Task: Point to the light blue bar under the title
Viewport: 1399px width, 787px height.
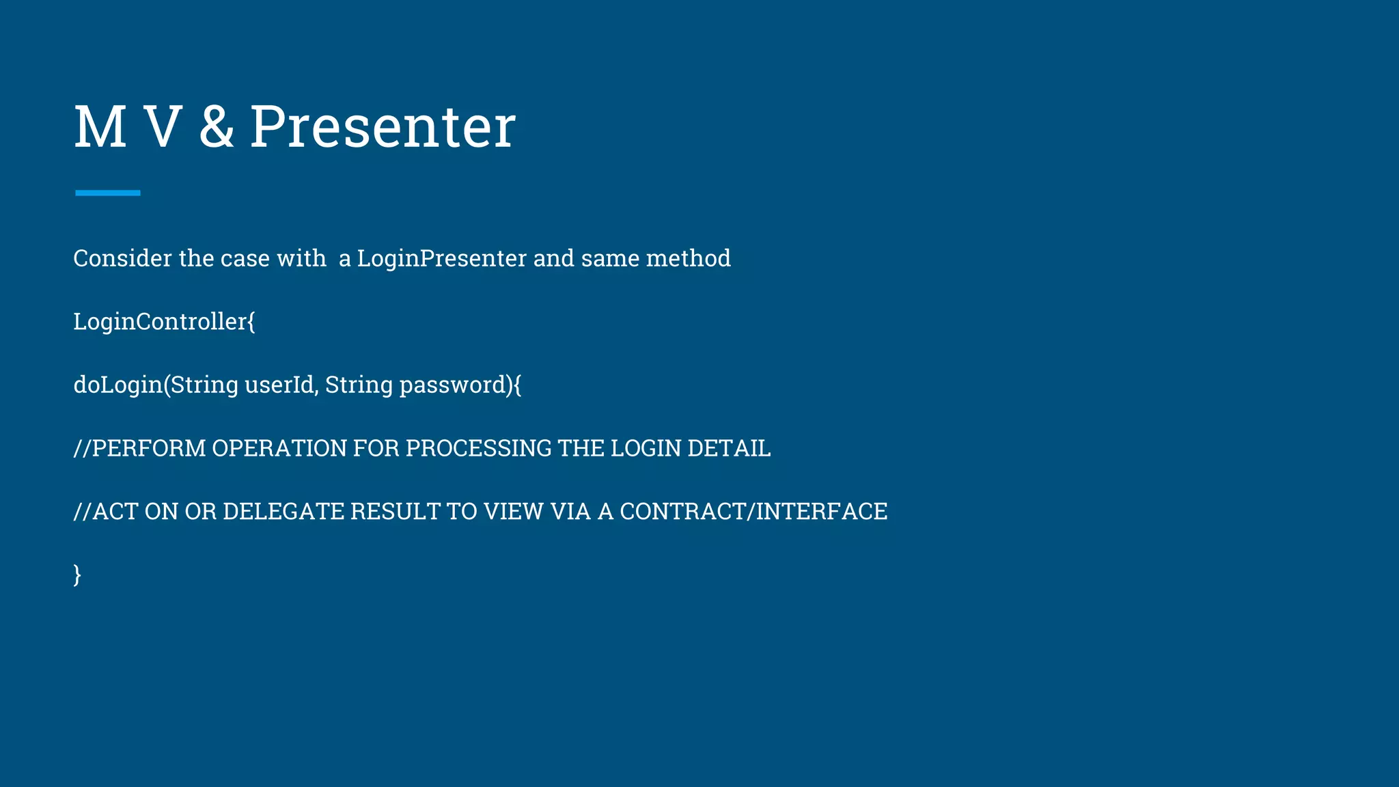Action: point(108,193)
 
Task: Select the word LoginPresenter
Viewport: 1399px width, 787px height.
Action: point(441,258)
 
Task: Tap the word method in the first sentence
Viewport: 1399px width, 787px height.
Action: point(688,258)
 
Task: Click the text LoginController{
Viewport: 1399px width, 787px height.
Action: point(164,321)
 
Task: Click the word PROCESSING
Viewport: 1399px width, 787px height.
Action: point(477,448)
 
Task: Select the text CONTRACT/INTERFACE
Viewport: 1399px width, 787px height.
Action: point(753,512)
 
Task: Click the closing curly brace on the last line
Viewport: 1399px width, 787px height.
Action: point(77,575)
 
